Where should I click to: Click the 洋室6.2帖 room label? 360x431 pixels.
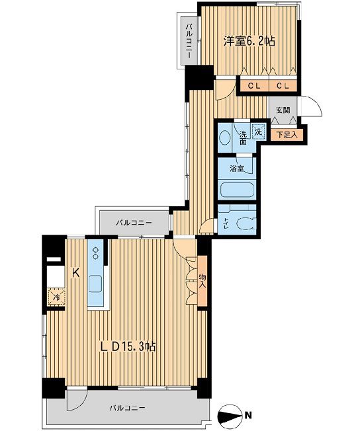pos(249,41)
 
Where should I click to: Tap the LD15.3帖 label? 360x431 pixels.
pos(128,346)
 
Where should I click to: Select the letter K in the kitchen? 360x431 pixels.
pos(75,272)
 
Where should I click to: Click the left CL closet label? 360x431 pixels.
pos(254,86)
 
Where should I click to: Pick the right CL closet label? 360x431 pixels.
pos(283,86)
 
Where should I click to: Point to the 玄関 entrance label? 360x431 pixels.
pos(283,110)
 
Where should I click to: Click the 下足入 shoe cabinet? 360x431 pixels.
pos(287,135)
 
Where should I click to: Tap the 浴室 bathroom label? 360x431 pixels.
pos(237,169)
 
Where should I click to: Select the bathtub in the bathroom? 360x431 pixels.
pos(237,190)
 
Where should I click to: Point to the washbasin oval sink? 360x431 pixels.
pos(224,137)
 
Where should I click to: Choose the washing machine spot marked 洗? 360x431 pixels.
pos(259,132)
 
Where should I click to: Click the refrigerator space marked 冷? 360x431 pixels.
pos(56,297)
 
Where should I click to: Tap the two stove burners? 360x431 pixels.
pos(96,253)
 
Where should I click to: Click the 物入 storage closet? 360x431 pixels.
pos(202,281)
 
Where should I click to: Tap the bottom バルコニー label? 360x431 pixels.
pos(127,407)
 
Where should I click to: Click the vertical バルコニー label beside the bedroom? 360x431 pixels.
pos(189,41)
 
